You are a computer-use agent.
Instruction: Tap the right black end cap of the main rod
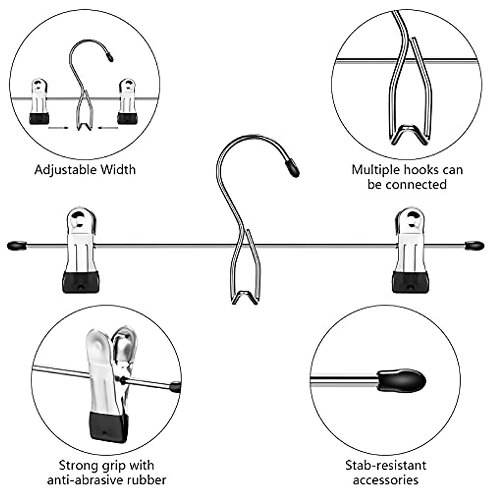(x=474, y=245)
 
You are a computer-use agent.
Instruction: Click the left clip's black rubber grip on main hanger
(x=81, y=282)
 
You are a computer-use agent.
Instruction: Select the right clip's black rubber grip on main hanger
(x=410, y=282)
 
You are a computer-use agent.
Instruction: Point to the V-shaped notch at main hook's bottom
(x=245, y=297)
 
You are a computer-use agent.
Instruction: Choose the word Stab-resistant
(x=385, y=465)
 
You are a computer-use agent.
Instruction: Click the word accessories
(x=385, y=480)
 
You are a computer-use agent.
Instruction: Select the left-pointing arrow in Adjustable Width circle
(x=108, y=128)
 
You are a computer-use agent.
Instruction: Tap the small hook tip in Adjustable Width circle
(x=110, y=56)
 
